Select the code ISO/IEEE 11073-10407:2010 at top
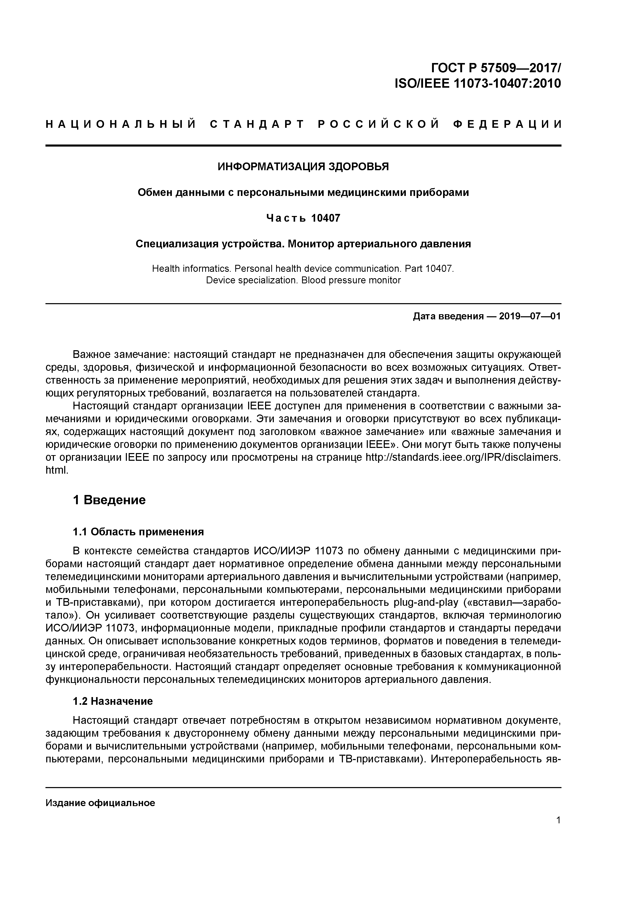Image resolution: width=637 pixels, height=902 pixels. pyautogui.click(x=478, y=84)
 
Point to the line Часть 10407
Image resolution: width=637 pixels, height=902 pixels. pyautogui.click(x=303, y=218)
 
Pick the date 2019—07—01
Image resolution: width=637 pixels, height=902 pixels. pyautogui.click(x=530, y=316)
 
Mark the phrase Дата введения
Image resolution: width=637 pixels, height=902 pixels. pyautogui.click(x=448, y=316)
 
